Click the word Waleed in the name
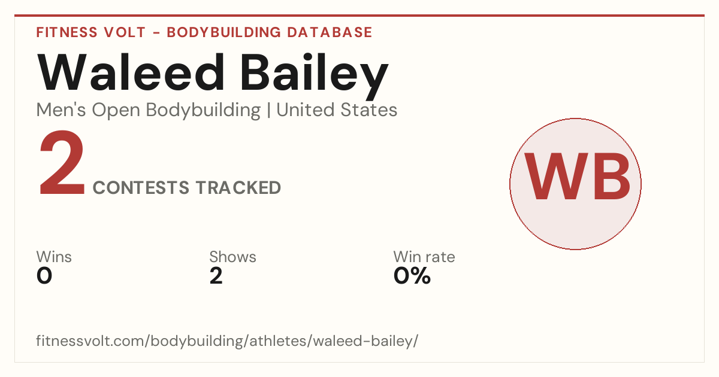[x=131, y=72]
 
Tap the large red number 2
[x=62, y=162]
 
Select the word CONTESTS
[x=141, y=187]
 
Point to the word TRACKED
[x=238, y=187]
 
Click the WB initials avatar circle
[x=576, y=184]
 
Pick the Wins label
[x=54, y=257]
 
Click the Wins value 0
[x=44, y=276]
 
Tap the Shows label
[x=232, y=257]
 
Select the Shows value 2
[x=216, y=276]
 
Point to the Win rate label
[x=424, y=257]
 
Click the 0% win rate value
[x=412, y=276]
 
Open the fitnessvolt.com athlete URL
[x=227, y=340]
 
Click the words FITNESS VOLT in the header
[x=91, y=32]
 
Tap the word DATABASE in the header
[x=330, y=32]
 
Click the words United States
[x=337, y=110]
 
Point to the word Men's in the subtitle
[x=61, y=110]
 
